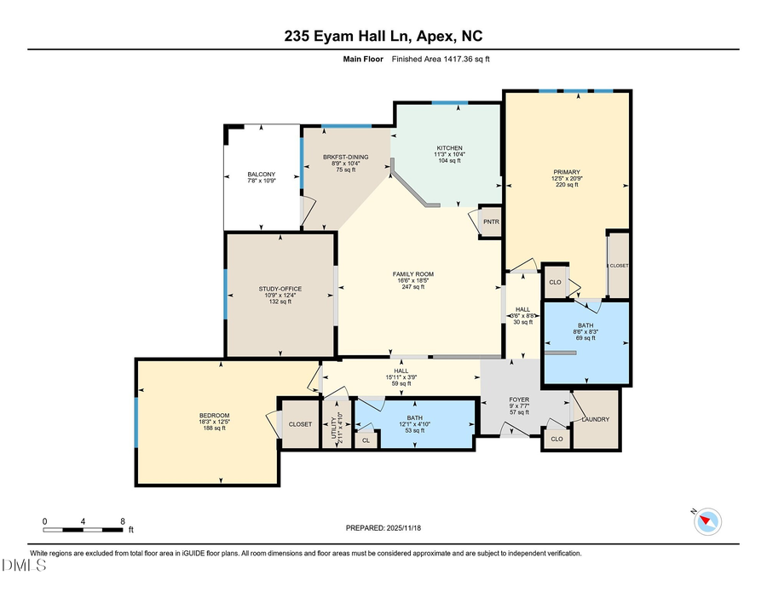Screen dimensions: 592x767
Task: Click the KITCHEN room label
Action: (x=449, y=147)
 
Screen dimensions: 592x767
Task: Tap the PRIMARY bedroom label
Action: (x=567, y=171)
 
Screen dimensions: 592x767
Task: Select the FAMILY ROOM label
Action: (x=413, y=273)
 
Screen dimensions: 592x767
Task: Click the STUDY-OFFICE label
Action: (x=280, y=288)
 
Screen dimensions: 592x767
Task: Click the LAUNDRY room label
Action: (x=595, y=418)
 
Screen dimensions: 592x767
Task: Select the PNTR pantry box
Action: (x=491, y=221)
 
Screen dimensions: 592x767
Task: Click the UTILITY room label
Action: (x=335, y=423)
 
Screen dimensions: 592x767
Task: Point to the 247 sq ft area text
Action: (x=413, y=287)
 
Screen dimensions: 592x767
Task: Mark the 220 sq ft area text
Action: (x=567, y=185)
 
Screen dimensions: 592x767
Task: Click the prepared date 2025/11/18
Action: (x=383, y=528)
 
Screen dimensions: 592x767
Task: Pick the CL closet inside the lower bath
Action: (x=366, y=440)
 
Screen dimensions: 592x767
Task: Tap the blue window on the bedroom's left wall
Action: (x=136, y=421)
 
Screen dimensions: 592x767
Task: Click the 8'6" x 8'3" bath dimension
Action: (x=585, y=332)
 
